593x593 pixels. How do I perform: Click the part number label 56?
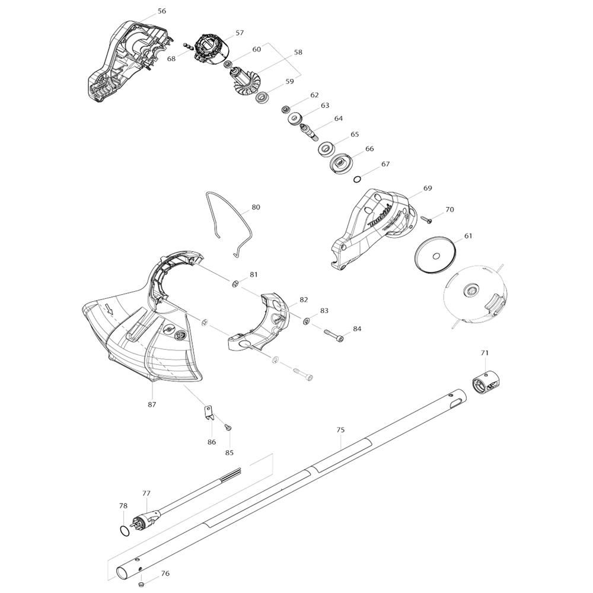coord(162,11)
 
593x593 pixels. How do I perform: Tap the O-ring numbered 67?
coord(357,179)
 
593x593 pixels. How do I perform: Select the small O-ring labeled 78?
coord(123,530)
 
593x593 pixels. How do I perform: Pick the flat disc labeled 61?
coord(436,256)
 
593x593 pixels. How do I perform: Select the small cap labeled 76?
coord(141,584)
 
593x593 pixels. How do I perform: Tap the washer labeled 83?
coord(306,321)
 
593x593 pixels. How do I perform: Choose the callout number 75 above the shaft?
coord(340,430)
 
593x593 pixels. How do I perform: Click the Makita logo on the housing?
coord(380,216)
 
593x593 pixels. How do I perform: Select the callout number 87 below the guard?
coord(152,404)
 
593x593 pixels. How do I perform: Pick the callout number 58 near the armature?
coord(298,52)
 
